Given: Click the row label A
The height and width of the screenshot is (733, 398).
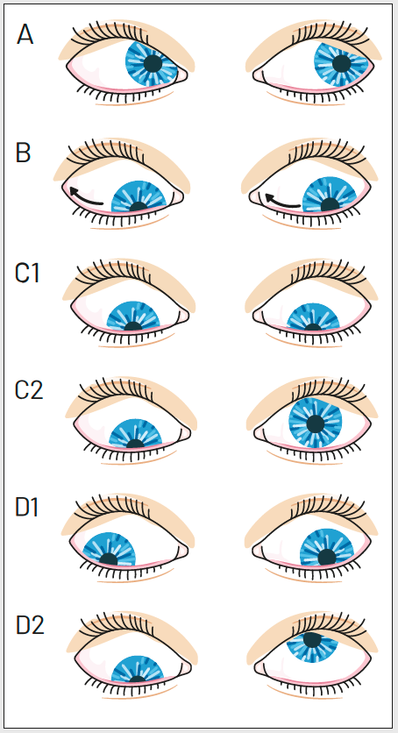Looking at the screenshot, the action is [x=25, y=34].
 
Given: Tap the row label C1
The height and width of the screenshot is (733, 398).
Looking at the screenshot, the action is [x=27, y=273].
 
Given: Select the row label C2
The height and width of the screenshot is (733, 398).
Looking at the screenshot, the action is [x=29, y=390].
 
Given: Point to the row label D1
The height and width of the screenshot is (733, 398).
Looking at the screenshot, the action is [x=27, y=507].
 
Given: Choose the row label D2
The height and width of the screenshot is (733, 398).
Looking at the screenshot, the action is [x=30, y=624].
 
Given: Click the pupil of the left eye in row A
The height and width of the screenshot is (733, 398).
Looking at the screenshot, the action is [x=153, y=63].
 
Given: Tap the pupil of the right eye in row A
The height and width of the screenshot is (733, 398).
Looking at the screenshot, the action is [x=342, y=62].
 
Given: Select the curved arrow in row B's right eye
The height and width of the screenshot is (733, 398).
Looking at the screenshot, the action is [x=281, y=201].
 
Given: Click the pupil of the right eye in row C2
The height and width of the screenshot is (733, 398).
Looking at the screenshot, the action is [x=316, y=423].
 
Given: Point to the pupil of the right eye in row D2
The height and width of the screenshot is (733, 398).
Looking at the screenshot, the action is [x=311, y=639].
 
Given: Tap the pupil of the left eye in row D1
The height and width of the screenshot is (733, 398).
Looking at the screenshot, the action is [x=109, y=559].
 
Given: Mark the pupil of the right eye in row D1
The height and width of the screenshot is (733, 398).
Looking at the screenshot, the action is [x=326, y=556].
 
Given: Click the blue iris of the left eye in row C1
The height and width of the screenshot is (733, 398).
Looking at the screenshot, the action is [x=133, y=316].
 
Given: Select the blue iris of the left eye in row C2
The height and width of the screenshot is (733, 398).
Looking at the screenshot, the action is [x=136, y=433].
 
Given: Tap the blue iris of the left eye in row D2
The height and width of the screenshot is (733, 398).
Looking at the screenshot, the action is [x=138, y=668].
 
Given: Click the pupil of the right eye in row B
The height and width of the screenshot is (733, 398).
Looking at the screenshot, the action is [x=330, y=203].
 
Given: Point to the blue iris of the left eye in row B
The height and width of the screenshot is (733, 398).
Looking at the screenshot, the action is [x=139, y=196].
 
